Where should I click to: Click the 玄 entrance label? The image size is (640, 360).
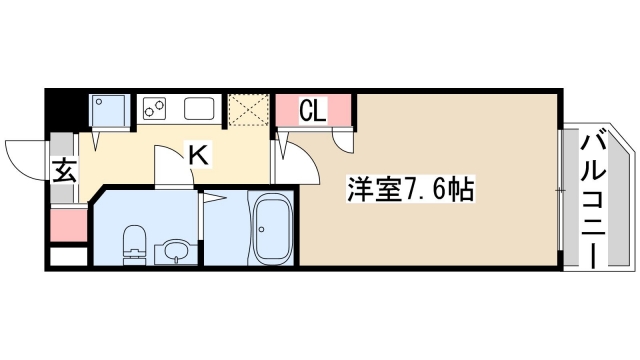pyautogui.click(x=63, y=170)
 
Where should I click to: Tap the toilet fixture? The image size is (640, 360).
pyautogui.click(x=132, y=243)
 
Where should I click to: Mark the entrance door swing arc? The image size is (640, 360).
pyautogui.click(x=25, y=155)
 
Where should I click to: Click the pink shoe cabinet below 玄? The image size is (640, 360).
pyautogui.click(x=64, y=225)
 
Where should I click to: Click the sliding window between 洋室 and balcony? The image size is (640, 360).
pyautogui.click(x=559, y=190)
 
